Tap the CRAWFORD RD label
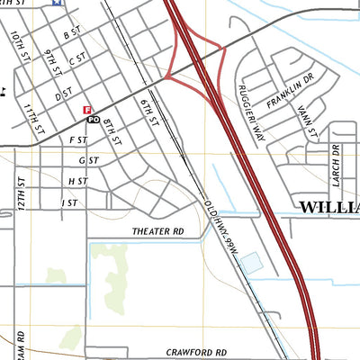(x=195, y=353)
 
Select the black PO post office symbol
(x=93, y=118)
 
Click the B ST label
(x=72, y=33)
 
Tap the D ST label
(x=64, y=94)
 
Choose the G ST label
(x=87, y=160)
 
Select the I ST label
(x=69, y=203)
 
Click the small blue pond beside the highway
(x=251, y=264)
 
